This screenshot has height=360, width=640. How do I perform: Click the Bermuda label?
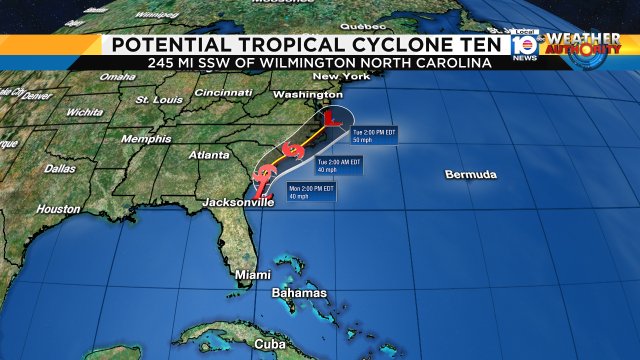[471, 175]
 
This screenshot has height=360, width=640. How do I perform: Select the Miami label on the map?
[253, 274]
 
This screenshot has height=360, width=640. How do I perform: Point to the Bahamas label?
[299, 293]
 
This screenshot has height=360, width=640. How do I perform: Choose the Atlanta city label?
[209, 155]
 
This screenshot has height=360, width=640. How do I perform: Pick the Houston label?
[58, 209]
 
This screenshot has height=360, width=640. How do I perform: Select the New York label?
[334, 77]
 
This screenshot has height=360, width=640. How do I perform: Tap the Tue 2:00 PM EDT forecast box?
[374, 134]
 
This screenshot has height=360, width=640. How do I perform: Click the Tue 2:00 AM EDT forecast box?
[338, 164]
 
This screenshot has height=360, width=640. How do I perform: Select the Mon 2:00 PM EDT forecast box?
[312, 191]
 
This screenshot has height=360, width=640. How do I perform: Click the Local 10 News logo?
[521, 46]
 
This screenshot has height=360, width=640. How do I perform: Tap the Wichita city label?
[84, 113]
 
